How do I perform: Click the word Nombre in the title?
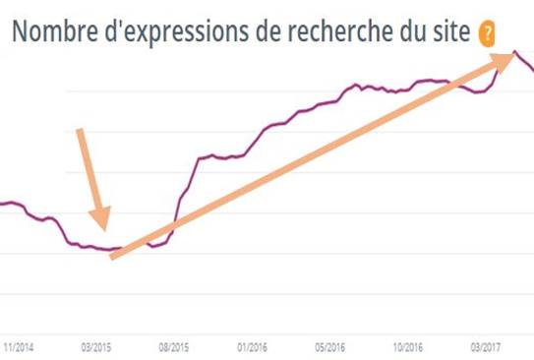tap(52, 30)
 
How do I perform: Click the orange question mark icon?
tap(486, 32)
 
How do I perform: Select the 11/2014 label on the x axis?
tap(20, 346)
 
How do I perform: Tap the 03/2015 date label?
tap(95, 346)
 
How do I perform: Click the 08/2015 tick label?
tap(173, 346)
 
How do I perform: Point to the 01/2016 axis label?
tap(252, 346)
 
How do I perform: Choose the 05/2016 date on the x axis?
tap(329, 346)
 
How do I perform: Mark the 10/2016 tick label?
tap(407, 346)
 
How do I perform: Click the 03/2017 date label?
tap(486, 346)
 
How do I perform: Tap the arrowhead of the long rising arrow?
tap(512, 55)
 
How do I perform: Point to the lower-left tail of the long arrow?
tap(111, 257)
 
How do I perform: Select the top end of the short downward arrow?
tap(81, 129)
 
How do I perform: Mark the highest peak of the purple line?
tap(514, 52)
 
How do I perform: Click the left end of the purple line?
tap(2, 204)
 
